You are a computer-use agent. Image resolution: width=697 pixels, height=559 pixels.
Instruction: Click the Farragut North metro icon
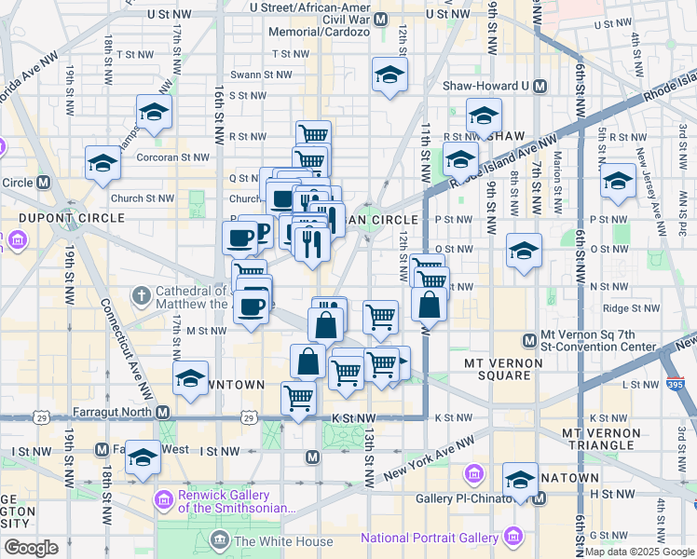click(x=162, y=412)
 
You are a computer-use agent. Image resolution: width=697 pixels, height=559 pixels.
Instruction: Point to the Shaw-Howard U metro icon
click(x=538, y=86)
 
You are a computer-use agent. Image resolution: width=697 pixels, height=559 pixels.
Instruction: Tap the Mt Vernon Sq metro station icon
click(x=529, y=339)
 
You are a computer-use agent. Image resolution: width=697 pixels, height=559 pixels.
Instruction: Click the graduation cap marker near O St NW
click(x=525, y=251)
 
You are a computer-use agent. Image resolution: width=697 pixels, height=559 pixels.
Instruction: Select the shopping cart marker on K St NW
click(x=298, y=400)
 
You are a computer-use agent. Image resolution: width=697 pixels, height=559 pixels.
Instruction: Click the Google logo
click(x=31, y=548)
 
